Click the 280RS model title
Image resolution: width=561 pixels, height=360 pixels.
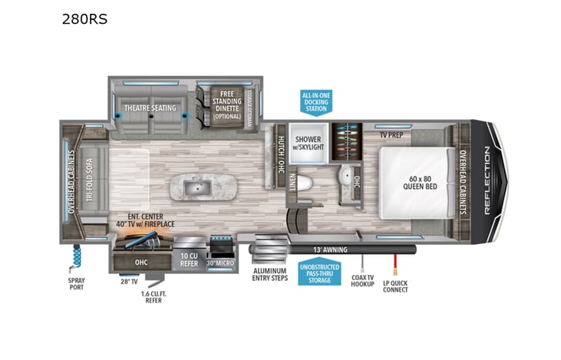84,19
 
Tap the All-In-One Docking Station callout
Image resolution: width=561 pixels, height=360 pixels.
316,101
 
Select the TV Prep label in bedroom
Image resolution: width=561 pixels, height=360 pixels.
392,135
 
